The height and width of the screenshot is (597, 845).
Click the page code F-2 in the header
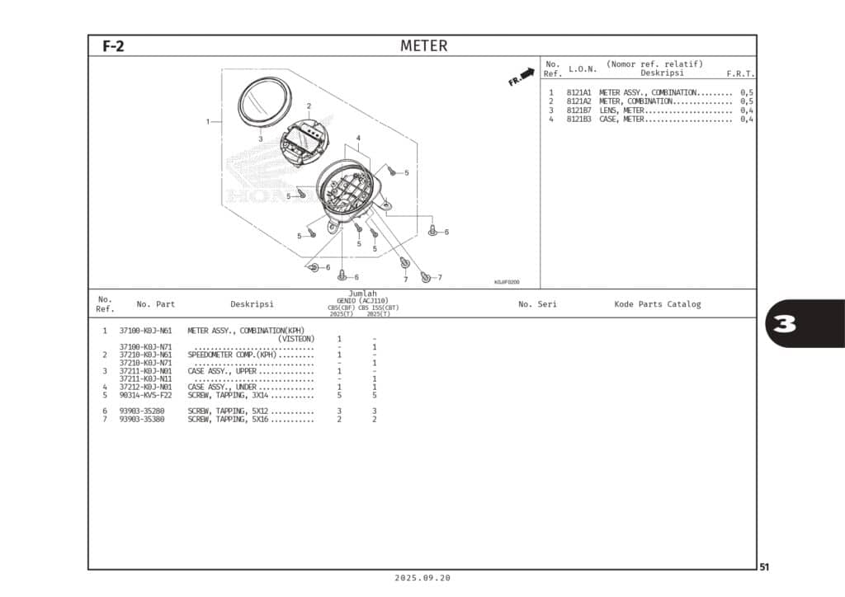113,46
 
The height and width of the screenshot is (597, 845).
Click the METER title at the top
423,46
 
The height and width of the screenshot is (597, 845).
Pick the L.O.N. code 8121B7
578,110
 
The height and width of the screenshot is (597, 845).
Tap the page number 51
764,566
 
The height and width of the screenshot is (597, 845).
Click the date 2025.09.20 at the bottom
423,578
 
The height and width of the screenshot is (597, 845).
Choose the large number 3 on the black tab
785,324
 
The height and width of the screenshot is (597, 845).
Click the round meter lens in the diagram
264,103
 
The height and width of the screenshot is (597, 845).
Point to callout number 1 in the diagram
208,121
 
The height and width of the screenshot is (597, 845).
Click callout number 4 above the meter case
358,138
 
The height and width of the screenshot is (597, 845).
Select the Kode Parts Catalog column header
657,304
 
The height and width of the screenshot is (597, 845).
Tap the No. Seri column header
537,304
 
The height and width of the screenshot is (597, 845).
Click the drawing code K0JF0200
506,282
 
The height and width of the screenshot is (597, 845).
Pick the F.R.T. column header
740,73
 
